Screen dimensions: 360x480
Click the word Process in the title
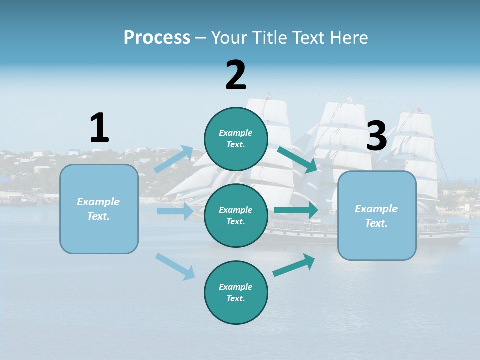(x=157, y=37)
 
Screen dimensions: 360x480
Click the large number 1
(x=99, y=128)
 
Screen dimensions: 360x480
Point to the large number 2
(x=236, y=75)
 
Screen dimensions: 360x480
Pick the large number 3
(x=377, y=136)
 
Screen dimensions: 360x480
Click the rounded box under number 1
(x=99, y=209)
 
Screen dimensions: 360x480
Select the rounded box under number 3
(x=377, y=215)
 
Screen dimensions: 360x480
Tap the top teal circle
(x=236, y=139)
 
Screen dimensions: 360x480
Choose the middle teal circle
(x=236, y=215)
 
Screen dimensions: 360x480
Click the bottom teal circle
(x=236, y=292)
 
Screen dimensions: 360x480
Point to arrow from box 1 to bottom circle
(x=175, y=266)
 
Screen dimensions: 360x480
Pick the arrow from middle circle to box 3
(x=296, y=210)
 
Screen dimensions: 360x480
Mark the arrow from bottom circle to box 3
(x=294, y=265)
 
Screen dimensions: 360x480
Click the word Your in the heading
(x=228, y=37)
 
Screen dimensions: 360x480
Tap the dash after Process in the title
(x=201, y=38)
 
